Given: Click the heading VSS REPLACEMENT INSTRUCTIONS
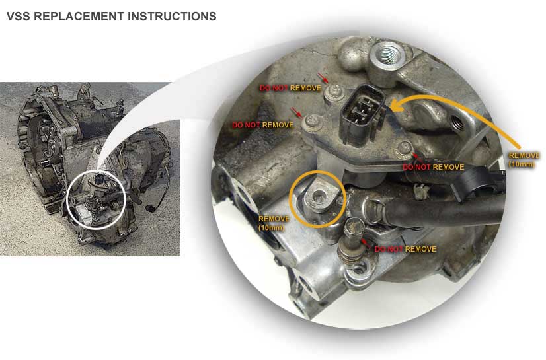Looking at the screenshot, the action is (x=112, y=17).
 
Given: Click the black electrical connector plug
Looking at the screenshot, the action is (x=363, y=114).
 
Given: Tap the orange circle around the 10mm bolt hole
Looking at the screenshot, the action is (x=317, y=199).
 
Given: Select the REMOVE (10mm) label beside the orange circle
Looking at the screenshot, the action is (x=274, y=223).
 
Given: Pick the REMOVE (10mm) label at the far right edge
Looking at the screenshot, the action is (x=524, y=160).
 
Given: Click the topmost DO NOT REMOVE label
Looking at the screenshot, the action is (x=290, y=88).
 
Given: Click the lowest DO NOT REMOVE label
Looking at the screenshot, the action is (x=405, y=249).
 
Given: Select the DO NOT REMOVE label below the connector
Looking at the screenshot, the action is (x=433, y=167).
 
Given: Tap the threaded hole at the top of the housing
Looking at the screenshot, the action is (x=387, y=55).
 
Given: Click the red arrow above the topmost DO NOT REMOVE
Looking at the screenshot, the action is (x=323, y=78).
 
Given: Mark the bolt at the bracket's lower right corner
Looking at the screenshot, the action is (x=404, y=149).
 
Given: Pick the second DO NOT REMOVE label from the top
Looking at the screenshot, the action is (x=263, y=125).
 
